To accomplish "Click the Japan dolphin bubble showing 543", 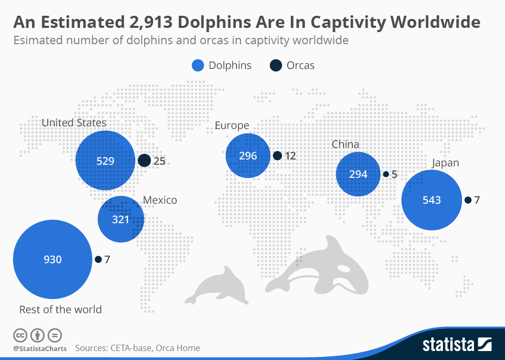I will click(x=431, y=200).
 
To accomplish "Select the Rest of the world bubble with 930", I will click(x=53, y=259).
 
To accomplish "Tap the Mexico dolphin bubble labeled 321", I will click(x=120, y=219).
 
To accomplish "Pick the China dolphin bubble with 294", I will click(x=358, y=174).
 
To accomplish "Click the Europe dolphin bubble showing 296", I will click(x=248, y=156).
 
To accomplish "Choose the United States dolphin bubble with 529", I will click(x=105, y=161).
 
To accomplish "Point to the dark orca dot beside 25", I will click(x=144, y=161).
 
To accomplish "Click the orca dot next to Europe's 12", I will click(x=277, y=156).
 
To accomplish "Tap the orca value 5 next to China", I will click(x=395, y=174).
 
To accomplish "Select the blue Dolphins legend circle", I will click(x=197, y=66).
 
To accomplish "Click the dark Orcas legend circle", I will click(x=276, y=66).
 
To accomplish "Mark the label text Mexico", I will click(x=160, y=200).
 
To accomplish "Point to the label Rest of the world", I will click(x=60, y=309).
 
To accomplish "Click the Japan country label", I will click(x=445, y=163).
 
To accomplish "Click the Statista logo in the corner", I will click(x=456, y=345).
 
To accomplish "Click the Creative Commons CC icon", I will click(x=20, y=335).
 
